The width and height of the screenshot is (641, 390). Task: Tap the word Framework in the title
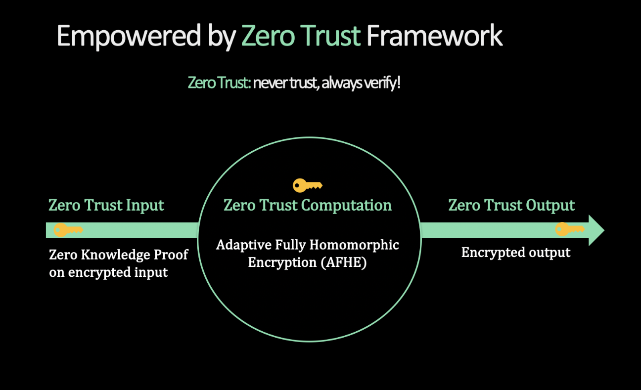pyautogui.click(x=434, y=36)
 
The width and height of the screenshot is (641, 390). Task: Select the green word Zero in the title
pyautogui.click(x=268, y=36)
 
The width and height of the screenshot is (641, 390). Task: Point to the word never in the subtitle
pyautogui.click(x=271, y=83)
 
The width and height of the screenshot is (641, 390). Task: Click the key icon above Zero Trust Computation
pyautogui.click(x=308, y=185)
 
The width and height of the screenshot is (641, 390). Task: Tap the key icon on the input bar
pyautogui.click(x=68, y=230)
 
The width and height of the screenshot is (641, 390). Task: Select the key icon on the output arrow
pyautogui.click(x=570, y=229)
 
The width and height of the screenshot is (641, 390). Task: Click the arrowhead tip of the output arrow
pyautogui.click(x=604, y=230)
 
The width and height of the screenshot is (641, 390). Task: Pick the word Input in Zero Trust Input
pyautogui.click(x=145, y=206)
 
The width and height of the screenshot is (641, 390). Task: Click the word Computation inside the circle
pyautogui.click(x=346, y=206)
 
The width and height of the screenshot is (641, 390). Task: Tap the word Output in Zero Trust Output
pyautogui.click(x=550, y=205)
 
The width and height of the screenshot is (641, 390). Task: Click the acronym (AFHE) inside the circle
pyautogui.click(x=344, y=262)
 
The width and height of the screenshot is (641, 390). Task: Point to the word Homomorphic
pyautogui.click(x=354, y=245)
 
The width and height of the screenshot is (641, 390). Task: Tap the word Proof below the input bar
pyautogui.click(x=171, y=255)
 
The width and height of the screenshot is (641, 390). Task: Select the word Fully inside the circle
pyautogui.click(x=290, y=245)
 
